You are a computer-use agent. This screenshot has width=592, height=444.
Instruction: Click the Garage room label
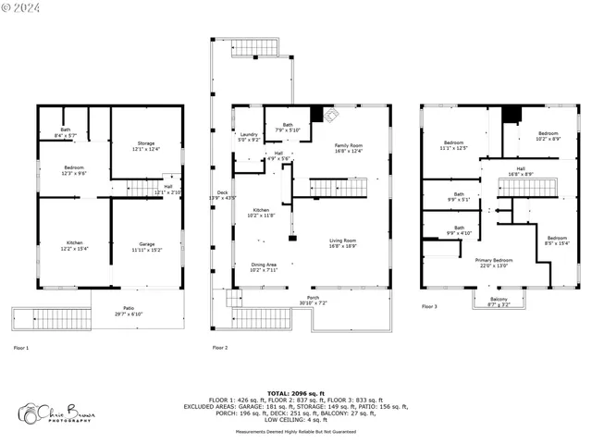145,246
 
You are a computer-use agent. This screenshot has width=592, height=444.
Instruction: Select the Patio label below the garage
129,311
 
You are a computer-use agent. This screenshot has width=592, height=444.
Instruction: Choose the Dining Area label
264,267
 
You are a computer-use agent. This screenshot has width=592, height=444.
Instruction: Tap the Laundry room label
249,137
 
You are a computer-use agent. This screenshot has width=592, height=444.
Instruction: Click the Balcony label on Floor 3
499,301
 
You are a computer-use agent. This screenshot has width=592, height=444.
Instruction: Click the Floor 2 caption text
219,348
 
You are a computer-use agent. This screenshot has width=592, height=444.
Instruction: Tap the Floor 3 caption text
429,306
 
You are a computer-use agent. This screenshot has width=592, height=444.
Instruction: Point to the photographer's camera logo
30,413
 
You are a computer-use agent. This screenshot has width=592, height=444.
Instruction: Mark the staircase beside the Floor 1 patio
53,319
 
